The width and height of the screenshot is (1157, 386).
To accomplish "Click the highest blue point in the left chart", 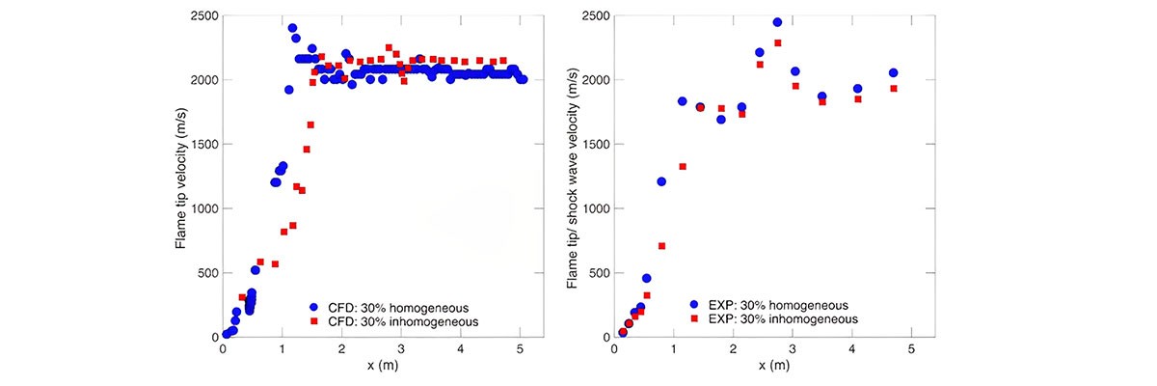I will [x=292, y=28].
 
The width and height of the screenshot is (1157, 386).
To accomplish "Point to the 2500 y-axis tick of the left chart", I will [x=204, y=16].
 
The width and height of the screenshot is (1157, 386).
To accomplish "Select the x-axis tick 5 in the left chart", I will [x=521, y=347].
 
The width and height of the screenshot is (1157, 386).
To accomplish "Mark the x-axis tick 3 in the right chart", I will [x=793, y=347].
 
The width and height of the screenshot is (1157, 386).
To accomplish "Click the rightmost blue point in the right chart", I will [x=893, y=72].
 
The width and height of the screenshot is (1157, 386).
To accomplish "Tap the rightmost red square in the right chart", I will [x=893, y=89].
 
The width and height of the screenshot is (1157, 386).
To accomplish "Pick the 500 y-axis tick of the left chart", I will [x=207, y=273].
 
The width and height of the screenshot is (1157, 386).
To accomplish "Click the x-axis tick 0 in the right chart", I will [x=614, y=347].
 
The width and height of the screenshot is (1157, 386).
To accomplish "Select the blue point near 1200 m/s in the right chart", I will [x=661, y=181].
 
